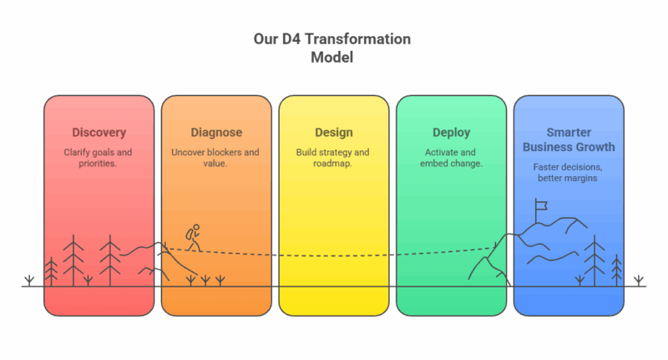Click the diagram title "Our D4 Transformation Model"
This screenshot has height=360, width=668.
point(331,48)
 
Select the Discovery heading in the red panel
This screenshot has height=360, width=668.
point(99,133)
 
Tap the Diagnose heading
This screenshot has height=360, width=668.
point(216,133)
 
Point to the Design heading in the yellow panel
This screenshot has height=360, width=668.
point(333,133)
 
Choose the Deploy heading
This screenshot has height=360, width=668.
point(451,133)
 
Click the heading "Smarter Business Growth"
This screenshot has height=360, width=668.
point(569,139)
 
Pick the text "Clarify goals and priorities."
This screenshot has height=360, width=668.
point(98,158)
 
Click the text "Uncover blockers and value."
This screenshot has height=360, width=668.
point(215,158)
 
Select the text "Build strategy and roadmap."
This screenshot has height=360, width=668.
point(332,158)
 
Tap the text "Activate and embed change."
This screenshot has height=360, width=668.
point(451,158)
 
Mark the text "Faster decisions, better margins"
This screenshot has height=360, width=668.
point(568,172)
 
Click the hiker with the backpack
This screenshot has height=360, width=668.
point(194,238)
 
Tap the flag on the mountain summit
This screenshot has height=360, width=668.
point(540,205)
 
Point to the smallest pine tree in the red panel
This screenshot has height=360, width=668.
point(51,271)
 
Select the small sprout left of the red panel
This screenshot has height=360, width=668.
point(29,281)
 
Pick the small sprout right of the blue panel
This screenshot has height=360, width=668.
point(638,281)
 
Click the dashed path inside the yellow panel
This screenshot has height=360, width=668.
point(334,256)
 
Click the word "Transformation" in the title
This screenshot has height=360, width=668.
point(358,39)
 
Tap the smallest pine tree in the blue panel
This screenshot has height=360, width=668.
point(616,270)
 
